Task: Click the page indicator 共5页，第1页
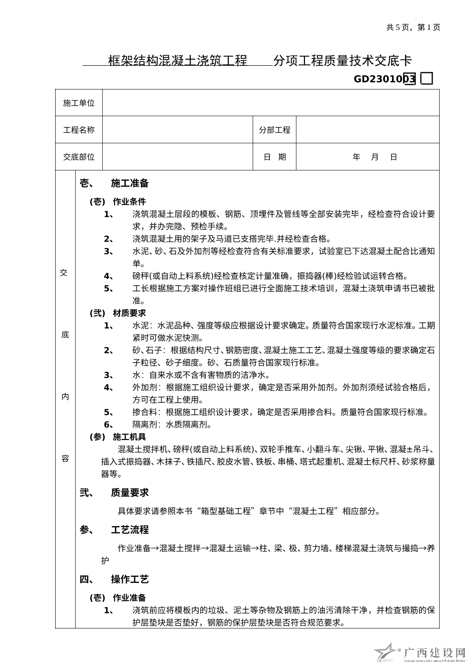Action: (x=413, y=27)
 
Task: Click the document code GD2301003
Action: (x=384, y=79)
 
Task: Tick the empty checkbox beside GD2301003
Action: (x=427, y=79)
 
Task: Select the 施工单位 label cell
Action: (x=79, y=103)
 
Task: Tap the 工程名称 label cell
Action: (x=79, y=130)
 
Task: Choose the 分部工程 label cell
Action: (x=275, y=130)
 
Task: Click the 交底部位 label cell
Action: (x=79, y=157)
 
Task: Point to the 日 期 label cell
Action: (x=275, y=157)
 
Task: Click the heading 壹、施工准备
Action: (x=114, y=183)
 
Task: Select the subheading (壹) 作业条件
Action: (x=118, y=201)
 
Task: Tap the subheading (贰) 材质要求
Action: (x=118, y=313)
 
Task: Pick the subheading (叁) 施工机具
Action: (x=118, y=437)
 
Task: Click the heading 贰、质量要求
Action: (x=114, y=493)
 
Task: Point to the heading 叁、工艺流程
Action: (x=114, y=530)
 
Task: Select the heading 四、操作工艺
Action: (x=114, y=579)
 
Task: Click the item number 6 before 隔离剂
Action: (x=108, y=425)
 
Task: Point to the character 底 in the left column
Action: (x=65, y=335)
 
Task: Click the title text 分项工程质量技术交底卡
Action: (x=343, y=60)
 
